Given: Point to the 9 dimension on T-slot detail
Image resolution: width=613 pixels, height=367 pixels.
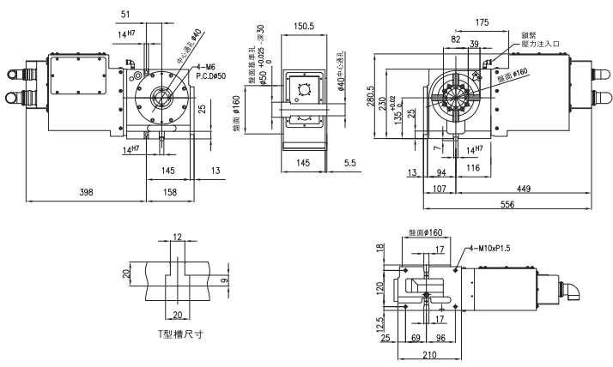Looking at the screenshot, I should (224, 280).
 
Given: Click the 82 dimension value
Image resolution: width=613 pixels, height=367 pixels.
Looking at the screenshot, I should (454, 39).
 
